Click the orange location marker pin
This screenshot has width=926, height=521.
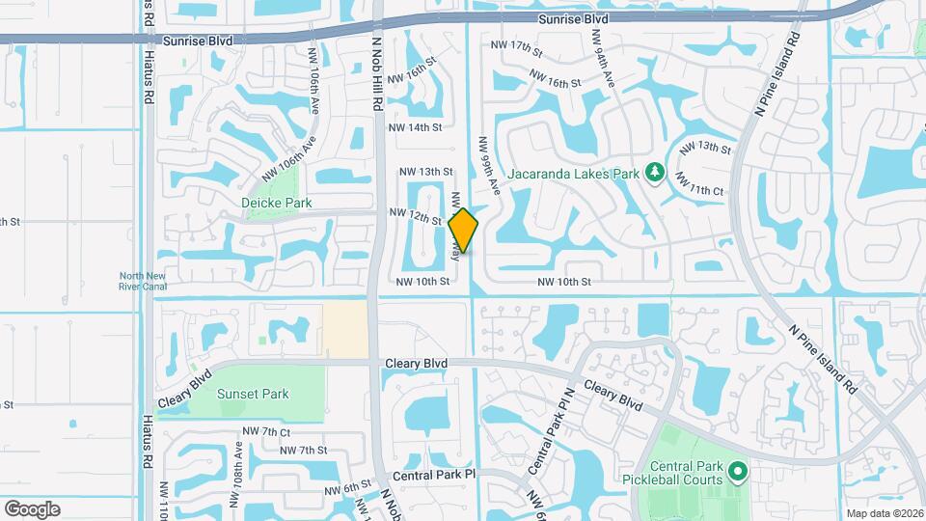coord(463,230)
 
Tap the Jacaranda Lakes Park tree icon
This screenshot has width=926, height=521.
coord(655,172)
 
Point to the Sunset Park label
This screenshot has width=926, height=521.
coord(253,394)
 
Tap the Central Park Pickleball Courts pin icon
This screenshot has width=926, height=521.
coord(739,473)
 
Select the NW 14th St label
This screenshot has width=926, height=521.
coord(415,127)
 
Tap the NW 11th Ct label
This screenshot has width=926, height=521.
coord(699,182)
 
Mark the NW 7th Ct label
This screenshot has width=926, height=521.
coord(266,431)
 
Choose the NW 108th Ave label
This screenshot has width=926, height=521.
coord(236,474)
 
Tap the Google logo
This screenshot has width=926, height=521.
coord(32,509)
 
